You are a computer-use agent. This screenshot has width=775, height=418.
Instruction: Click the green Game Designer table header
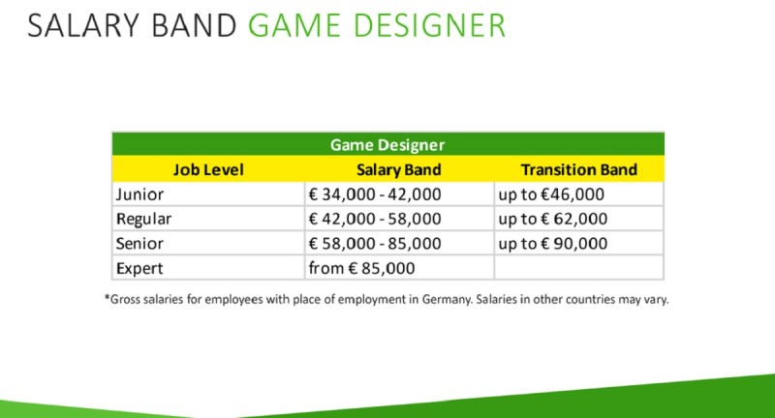[x=387, y=144]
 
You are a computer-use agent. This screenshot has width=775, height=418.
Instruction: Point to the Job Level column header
[x=208, y=169]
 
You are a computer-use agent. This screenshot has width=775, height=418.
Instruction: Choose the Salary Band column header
[x=399, y=169]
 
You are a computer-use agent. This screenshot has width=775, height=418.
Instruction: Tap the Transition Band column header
[x=578, y=169]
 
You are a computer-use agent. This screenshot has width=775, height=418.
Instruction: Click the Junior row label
[x=139, y=194]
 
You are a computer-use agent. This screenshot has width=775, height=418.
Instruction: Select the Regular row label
[x=143, y=219]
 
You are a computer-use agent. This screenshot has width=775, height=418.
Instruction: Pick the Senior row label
[x=139, y=244]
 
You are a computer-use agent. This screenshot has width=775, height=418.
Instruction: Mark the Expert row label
[x=139, y=268]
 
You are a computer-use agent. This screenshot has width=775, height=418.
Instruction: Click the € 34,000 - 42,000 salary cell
[x=375, y=194]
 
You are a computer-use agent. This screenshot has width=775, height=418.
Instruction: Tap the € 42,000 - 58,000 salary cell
[x=375, y=219]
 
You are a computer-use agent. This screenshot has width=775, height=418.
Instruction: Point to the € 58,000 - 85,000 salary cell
[x=375, y=244]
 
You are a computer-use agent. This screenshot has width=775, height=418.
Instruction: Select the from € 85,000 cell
[x=361, y=268]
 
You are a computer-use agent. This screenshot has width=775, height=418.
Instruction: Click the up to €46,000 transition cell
[x=551, y=194]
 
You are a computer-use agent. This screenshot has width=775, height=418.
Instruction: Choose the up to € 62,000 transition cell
[x=552, y=219]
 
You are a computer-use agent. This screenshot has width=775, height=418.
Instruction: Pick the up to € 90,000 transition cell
[x=552, y=244]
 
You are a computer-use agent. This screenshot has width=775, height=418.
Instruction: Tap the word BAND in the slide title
[x=195, y=26]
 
